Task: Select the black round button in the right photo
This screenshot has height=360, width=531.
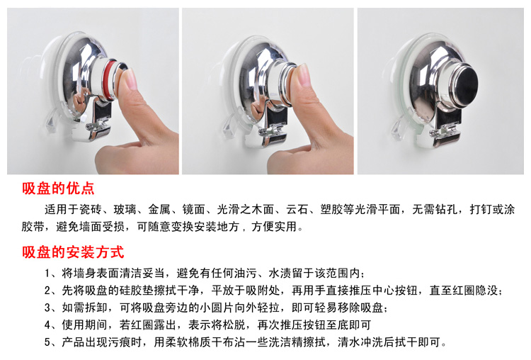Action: click(x=467, y=84)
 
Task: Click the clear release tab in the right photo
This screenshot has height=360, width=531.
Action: click(x=397, y=128)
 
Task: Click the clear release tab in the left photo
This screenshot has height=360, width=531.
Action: click(x=50, y=118)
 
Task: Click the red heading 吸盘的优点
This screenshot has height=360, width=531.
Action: click(x=58, y=189)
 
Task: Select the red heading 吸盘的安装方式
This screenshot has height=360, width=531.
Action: click(x=73, y=252)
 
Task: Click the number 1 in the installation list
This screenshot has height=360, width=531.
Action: click(x=47, y=274)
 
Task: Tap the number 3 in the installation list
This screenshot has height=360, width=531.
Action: click(x=47, y=308)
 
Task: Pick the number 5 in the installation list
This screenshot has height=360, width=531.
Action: click(x=47, y=342)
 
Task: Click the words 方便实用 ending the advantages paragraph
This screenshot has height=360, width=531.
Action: click(x=274, y=227)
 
